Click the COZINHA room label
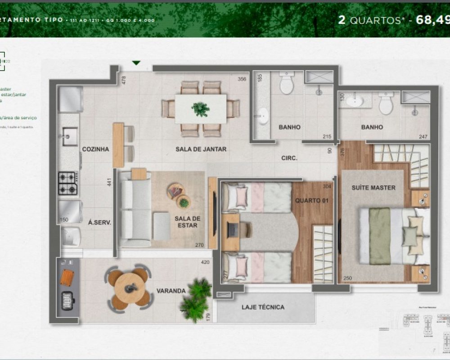(95, 149)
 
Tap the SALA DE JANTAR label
(201, 149)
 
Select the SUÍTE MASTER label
(373, 188)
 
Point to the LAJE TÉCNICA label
(263, 307)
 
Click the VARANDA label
(171, 291)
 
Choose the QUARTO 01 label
(310, 200)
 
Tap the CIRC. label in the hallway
(289, 158)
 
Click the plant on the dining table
(200, 108)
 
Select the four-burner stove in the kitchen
(67, 183)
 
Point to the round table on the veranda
(130, 287)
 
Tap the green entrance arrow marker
(136, 63)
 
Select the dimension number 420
(205, 262)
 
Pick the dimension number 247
(422, 136)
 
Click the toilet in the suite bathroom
(386, 104)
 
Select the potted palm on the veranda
(196, 298)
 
